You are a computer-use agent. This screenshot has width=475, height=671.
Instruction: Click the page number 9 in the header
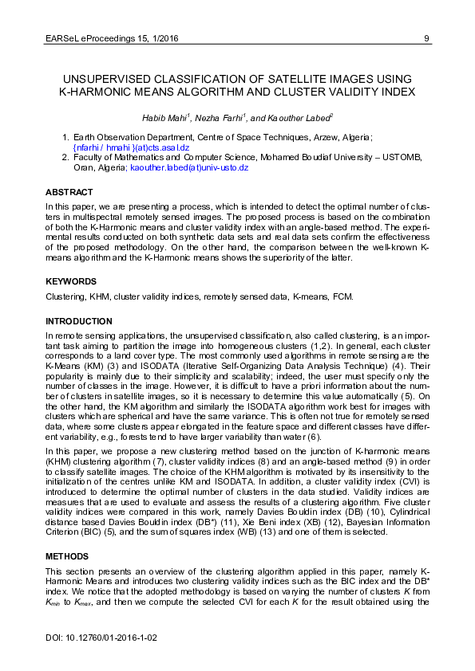pyautogui.click(x=427, y=37)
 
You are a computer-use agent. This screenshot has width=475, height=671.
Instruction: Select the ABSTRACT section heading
pyautogui.click(x=69, y=193)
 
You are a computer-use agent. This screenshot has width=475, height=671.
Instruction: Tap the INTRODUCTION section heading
pyautogui.click(x=78, y=321)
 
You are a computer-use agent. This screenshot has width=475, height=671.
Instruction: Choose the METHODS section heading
pyautogui.click(x=68, y=555)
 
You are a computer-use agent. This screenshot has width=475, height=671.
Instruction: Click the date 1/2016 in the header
pyautogui.click(x=162, y=37)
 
